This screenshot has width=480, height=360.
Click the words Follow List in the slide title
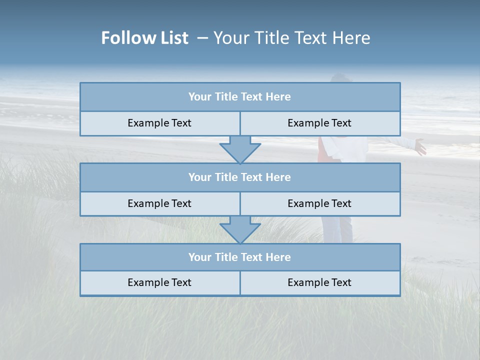(x=144, y=38)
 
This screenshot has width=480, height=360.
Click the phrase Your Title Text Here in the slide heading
(x=291, y=38)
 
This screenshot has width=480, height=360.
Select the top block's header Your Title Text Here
(x=239, y=97)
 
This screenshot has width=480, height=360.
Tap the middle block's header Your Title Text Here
(x=239, y=177)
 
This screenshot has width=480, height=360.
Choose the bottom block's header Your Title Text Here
(x=239, y=257)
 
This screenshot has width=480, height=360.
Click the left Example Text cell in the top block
(x=159, y=123)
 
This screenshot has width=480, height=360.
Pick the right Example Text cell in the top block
(x=319, y=123)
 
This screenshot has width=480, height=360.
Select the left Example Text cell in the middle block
(x=159, y=204)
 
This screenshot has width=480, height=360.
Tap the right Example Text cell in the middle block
(x=319, y=204)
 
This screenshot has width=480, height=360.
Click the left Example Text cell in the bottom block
(x=159, y=283)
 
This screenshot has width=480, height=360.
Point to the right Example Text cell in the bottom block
(x=319, y=283)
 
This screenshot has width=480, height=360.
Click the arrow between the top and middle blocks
(x=240, y=149)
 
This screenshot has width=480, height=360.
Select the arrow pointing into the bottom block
(x=240, y=229)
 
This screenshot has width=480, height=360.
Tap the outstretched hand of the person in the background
(x=420, y=147)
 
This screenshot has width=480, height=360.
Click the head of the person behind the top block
(x=341, y=78)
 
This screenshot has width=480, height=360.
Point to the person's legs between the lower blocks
(x=337, y=229)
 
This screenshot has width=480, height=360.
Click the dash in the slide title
(x=202, y=38)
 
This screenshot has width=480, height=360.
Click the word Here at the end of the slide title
(x=353, y=38)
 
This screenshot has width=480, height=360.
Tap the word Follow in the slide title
(x=125, y=38)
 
